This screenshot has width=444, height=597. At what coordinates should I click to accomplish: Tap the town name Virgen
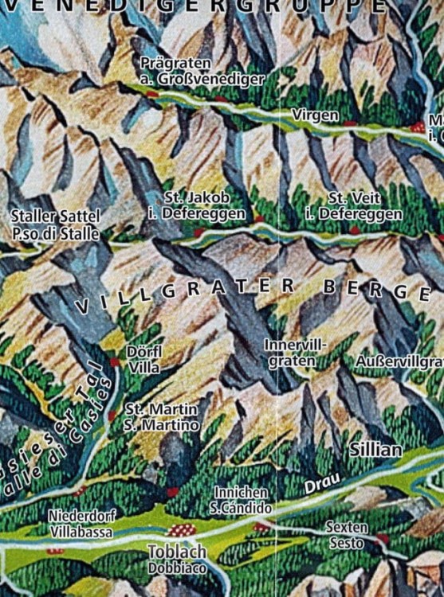click(315, 115)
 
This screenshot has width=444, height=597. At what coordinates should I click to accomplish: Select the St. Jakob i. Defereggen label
click(202, 205)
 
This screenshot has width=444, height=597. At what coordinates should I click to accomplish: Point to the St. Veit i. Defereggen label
click(354, 205)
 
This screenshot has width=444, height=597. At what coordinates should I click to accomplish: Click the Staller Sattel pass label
click(56, 224)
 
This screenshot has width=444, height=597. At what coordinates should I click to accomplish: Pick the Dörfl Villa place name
click(143, 360)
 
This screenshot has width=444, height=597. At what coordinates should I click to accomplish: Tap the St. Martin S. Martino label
click(163, 417)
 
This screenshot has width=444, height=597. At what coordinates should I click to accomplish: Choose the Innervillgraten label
click(295, 353)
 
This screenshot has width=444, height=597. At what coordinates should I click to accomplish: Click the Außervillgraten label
click(399, 361)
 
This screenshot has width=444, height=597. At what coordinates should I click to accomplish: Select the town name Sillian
click(375, 450)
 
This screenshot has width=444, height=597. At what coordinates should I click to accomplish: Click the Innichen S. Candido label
click(241, 500)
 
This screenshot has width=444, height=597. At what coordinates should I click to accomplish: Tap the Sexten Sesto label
click(347, 535)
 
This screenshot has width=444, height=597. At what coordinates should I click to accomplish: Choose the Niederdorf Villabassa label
click(82, 523)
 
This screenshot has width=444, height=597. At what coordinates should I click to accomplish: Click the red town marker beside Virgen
click(351, 123)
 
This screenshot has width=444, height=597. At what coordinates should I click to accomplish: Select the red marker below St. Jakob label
click(198, 232)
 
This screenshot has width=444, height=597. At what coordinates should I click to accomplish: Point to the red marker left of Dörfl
click(115, 361)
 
